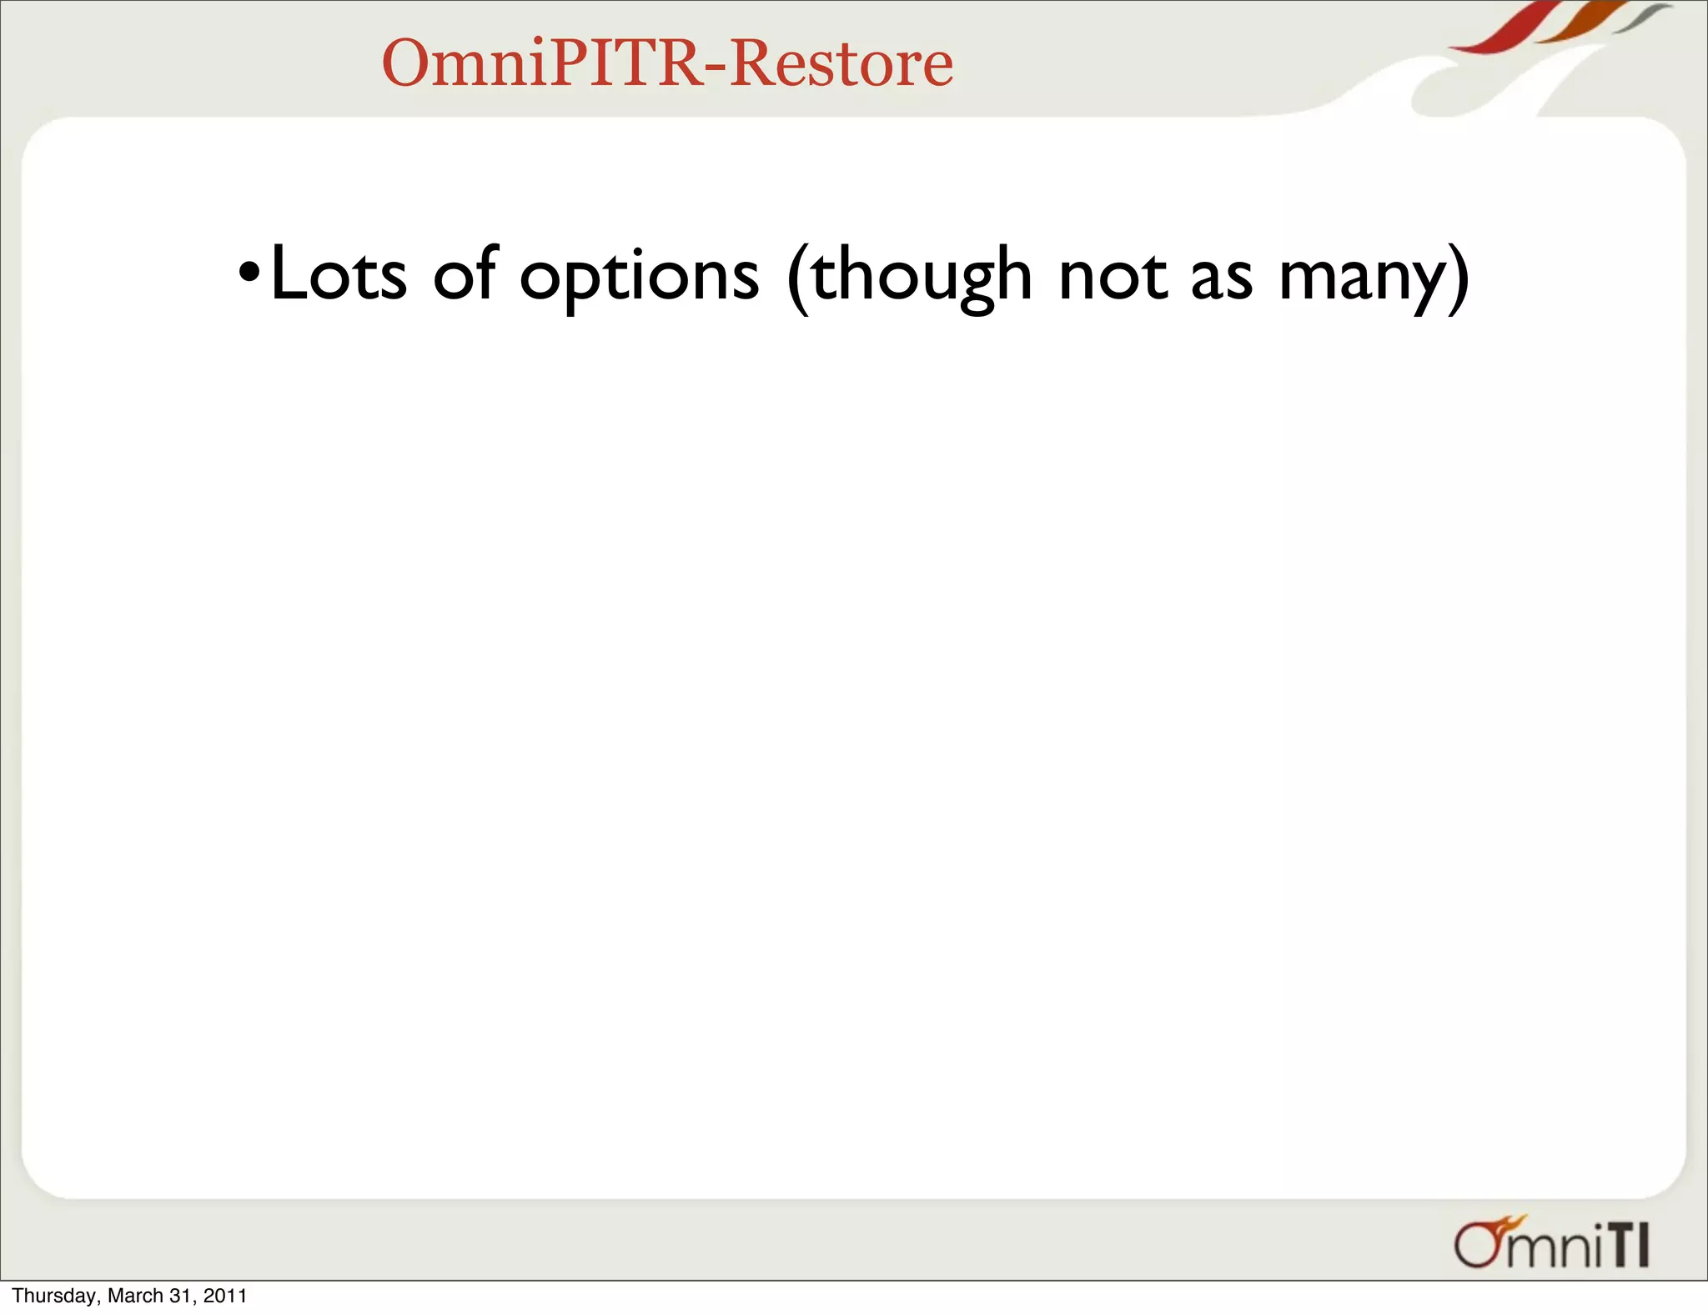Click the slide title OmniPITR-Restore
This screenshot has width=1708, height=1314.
tap(667, 63)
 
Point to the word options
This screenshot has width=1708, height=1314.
tap(639, 277)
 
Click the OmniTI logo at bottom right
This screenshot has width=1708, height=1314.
tap(1552, 1244)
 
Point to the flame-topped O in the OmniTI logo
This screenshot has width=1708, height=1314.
tap(1479, 1244)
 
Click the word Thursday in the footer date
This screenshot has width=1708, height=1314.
tap(55, 1296)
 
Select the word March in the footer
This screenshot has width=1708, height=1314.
tap(135, 1296)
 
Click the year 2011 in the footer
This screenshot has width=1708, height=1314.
tap(225, 1296)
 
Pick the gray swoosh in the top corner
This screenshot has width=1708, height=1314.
tap(1643, 17)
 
